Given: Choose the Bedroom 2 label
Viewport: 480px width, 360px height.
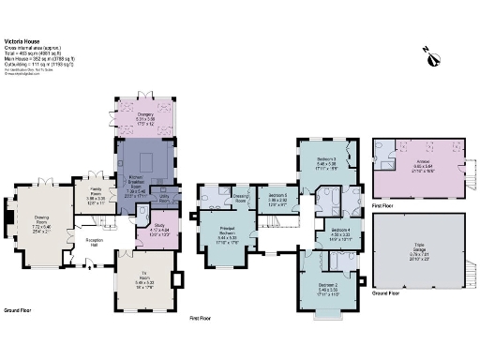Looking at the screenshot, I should click(327, 288).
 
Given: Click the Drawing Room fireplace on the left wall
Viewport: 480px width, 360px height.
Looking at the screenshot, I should click(8, 218).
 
